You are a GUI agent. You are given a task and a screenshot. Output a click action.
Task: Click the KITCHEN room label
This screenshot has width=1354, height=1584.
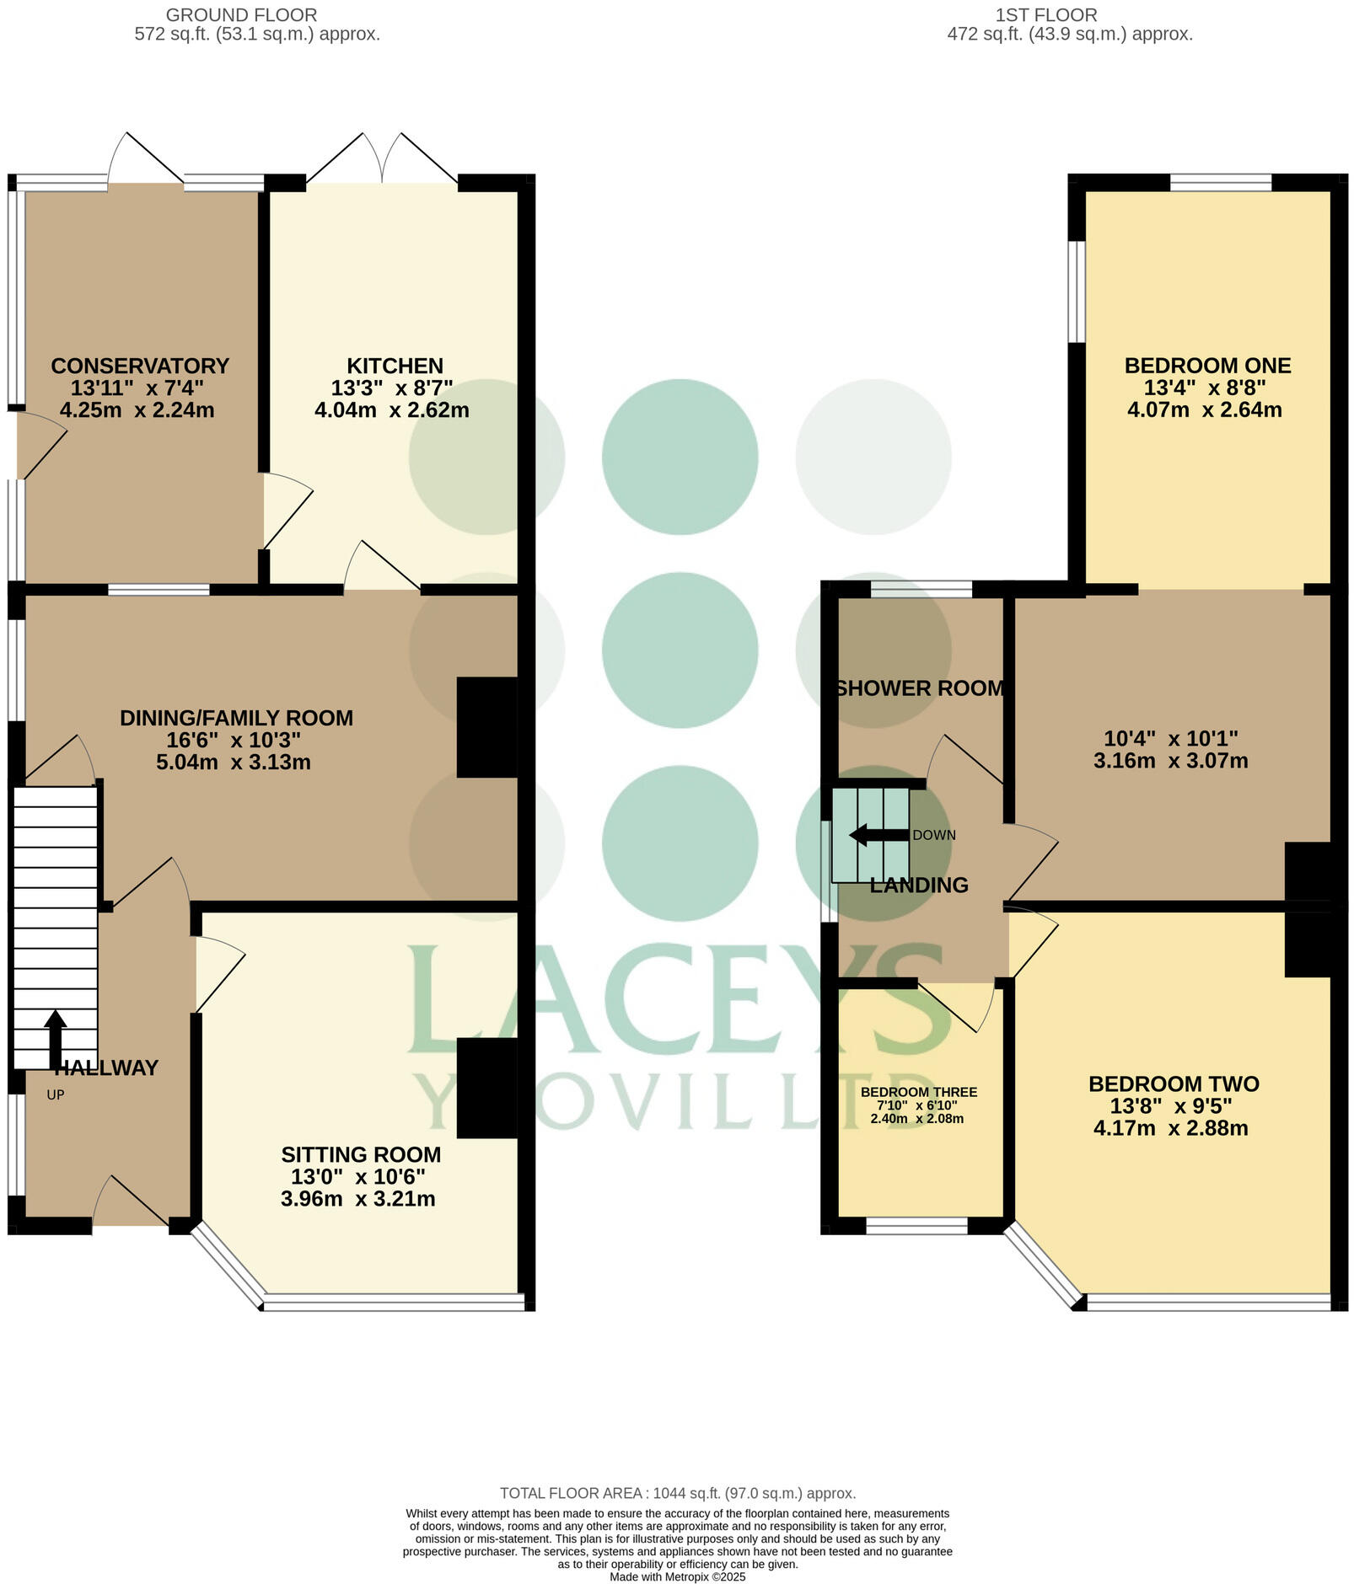[x=395, y=366]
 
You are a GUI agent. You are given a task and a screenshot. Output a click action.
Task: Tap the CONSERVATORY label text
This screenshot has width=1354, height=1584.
[x=140, y=366]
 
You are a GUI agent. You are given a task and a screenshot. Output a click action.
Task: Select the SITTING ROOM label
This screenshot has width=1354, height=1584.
[x=361, y=1154]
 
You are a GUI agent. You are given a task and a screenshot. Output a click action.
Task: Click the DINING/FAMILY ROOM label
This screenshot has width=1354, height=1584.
[x=236, y=718]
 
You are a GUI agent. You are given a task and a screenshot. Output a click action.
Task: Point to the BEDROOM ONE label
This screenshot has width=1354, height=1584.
[x=1207, y=366]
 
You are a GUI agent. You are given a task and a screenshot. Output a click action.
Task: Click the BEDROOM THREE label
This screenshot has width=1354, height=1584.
[x=918, y=1092]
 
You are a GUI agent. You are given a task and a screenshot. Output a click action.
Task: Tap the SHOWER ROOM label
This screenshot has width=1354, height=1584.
[x=920, y=688]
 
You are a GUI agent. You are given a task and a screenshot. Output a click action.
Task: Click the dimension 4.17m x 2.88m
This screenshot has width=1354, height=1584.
[x=1170, y=1128]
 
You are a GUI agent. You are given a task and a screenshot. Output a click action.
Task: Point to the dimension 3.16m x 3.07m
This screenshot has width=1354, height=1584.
[x=1170, y=761]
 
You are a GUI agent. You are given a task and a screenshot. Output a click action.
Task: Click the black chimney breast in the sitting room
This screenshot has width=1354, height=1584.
[x=486, y=1088]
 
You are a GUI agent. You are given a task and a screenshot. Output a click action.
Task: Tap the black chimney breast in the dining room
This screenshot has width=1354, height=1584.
[x=486, y=727]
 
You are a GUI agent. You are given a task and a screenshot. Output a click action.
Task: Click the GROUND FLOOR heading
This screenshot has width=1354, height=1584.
[x=241, y=15]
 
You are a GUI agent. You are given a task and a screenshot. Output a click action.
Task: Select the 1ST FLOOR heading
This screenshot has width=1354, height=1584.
[x=1045, y=15]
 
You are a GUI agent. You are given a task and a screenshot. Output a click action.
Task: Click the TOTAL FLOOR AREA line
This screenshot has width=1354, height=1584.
[x=677, y=1493]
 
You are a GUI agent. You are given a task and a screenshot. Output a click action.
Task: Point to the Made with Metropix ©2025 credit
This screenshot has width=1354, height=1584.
[x=677, y=1576]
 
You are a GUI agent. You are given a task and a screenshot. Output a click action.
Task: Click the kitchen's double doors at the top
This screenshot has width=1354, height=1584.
[x=382, y=160]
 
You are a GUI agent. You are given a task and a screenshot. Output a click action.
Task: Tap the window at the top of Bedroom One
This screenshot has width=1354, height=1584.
[x=1220, y=182]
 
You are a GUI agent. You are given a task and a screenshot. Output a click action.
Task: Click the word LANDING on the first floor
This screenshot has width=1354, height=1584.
[x=919, y=886]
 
